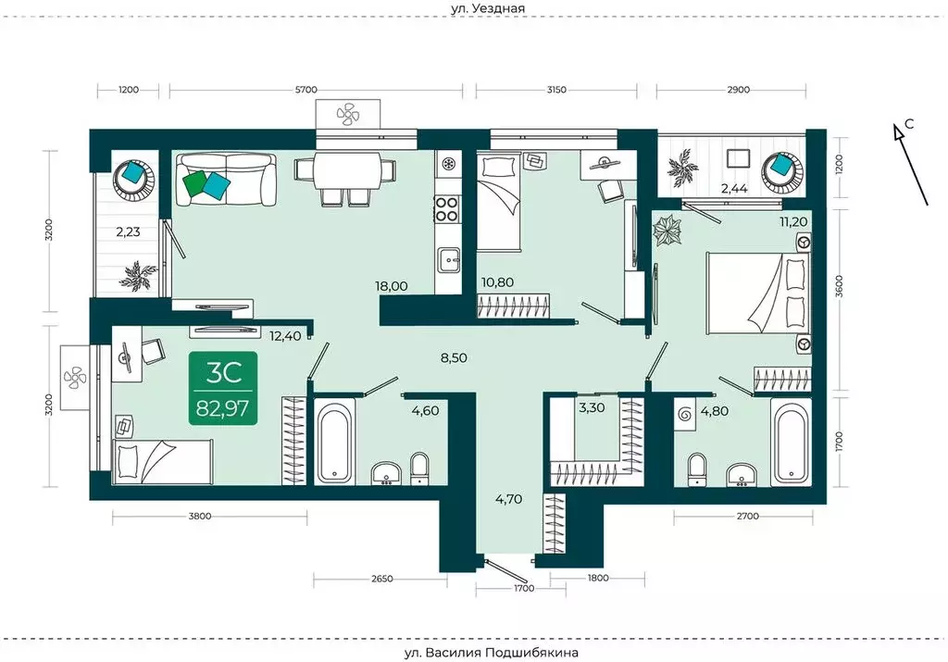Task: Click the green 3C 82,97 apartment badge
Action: pyautogui.click(x=223, y=388)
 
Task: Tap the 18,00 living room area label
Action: pyautogui.click(x=392, y=286)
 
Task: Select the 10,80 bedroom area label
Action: pyautogui.click(x=497, y=281)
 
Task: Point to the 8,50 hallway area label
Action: pyautogui.click(x=454, y=357)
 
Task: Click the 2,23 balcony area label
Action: pyautogui.click(x=128, y=231)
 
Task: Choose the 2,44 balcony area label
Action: pyautogui.click(x=734, y=188)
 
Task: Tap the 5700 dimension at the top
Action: pyautogui.click(x=306, y=90)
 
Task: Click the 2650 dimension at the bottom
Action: pyautogui.click(x=381, y=579)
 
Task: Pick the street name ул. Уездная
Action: pyautogui.click(x=488, y=8)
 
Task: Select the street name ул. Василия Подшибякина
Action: pyautogui.click(x=491, y=653)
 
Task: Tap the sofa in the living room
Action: pyautogui.click(x=226, y=179)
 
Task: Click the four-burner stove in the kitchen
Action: pyautogui.click(x=447, y=208)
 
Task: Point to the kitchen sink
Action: pyautogui.click(x=448, y=259)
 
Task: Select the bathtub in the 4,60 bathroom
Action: pyautogui.click(x=334, y=442)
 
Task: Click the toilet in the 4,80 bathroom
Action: pyautogui.click(x=697, y=469)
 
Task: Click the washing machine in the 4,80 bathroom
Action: pyautogui.click(x=685, y=414)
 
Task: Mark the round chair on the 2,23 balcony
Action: pyautogui.click(x=135, y=177)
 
